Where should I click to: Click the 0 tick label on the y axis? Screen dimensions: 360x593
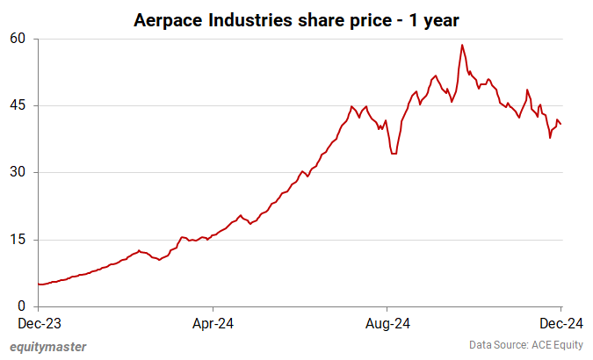point(23,306)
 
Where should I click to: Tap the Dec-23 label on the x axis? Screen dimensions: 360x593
point(39,322)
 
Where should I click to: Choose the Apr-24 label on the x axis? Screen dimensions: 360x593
point(213,322)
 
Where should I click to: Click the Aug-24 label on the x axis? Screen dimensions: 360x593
point(387,322)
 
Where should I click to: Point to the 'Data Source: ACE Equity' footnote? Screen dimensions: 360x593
point(524,346)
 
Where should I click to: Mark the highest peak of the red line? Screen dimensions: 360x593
point(461,45)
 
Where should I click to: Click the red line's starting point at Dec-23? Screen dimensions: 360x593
point(40,284)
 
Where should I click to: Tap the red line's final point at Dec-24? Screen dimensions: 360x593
point(561,123)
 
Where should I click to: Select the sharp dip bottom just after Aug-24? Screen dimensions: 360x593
point(394,154)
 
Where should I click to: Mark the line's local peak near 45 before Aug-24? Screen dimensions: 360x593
point(351,106)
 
